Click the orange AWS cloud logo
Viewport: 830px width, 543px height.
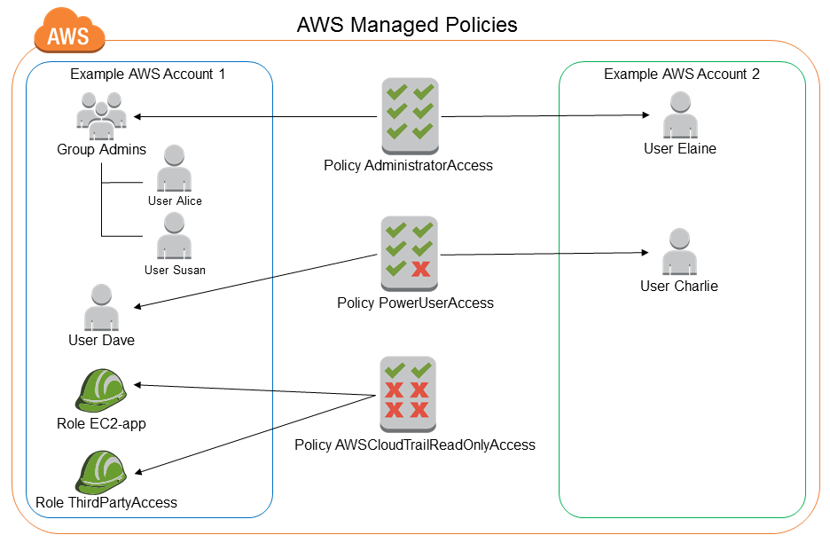pyautogui.click(x=68, y=35)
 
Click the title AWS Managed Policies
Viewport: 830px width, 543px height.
pyautogui.click(x=407, y=24)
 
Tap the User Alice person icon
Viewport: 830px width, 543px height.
pyautogui.click(x=174, y=169)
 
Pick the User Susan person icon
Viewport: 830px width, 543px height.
pyautogui.click(x=174, y=237)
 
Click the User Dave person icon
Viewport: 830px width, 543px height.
pyautogui.click(x=101, y=307)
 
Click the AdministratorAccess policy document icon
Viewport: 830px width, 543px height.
pyautogui.click(x=409, y=114)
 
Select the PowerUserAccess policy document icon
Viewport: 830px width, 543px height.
pyautogui.click(x=409, y=254)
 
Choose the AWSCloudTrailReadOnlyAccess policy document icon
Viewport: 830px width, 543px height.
pyautogui.click(x=408, y=390)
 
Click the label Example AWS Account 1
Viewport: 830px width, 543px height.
pyautogui.click(x=147, y=75)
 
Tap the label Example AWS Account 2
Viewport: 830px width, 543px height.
pyautogui.click(x=681, y=75)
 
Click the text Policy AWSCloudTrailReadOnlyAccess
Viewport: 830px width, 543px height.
pyautogui.click(x=415, y=445)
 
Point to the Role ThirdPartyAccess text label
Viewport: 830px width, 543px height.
pyautogui.click(x=106, y=503)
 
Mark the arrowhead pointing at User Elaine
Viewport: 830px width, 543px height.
pyautogui.click(x=645, y=115)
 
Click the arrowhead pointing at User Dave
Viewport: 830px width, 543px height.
pyautogui.click(x=138, y=307)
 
